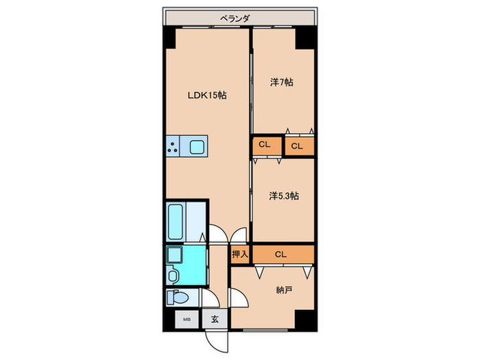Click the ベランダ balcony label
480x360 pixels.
[x=235, y=19]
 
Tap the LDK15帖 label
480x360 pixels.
[x=207, y=95]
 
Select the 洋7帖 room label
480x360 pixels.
[x=282, y=82]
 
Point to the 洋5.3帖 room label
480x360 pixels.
[x=284, y=195]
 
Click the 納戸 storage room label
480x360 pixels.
[x=283, y=289]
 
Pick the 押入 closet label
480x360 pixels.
[x=240, y=254]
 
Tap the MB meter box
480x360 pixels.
[x=187, y=320]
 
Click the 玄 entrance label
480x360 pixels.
[x=215, y=320]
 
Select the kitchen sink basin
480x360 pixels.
[x=197, y=147]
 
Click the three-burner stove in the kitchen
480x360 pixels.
[x=173, y=146]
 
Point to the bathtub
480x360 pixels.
[x=176, y=221]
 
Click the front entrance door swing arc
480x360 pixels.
[x=217, y=343]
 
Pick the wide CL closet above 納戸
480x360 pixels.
[x=283, y=254]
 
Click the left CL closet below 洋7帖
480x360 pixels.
[x=267, y=146]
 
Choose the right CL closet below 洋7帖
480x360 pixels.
[x=300, y=146]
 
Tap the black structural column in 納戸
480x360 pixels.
[x=305, y=320]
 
